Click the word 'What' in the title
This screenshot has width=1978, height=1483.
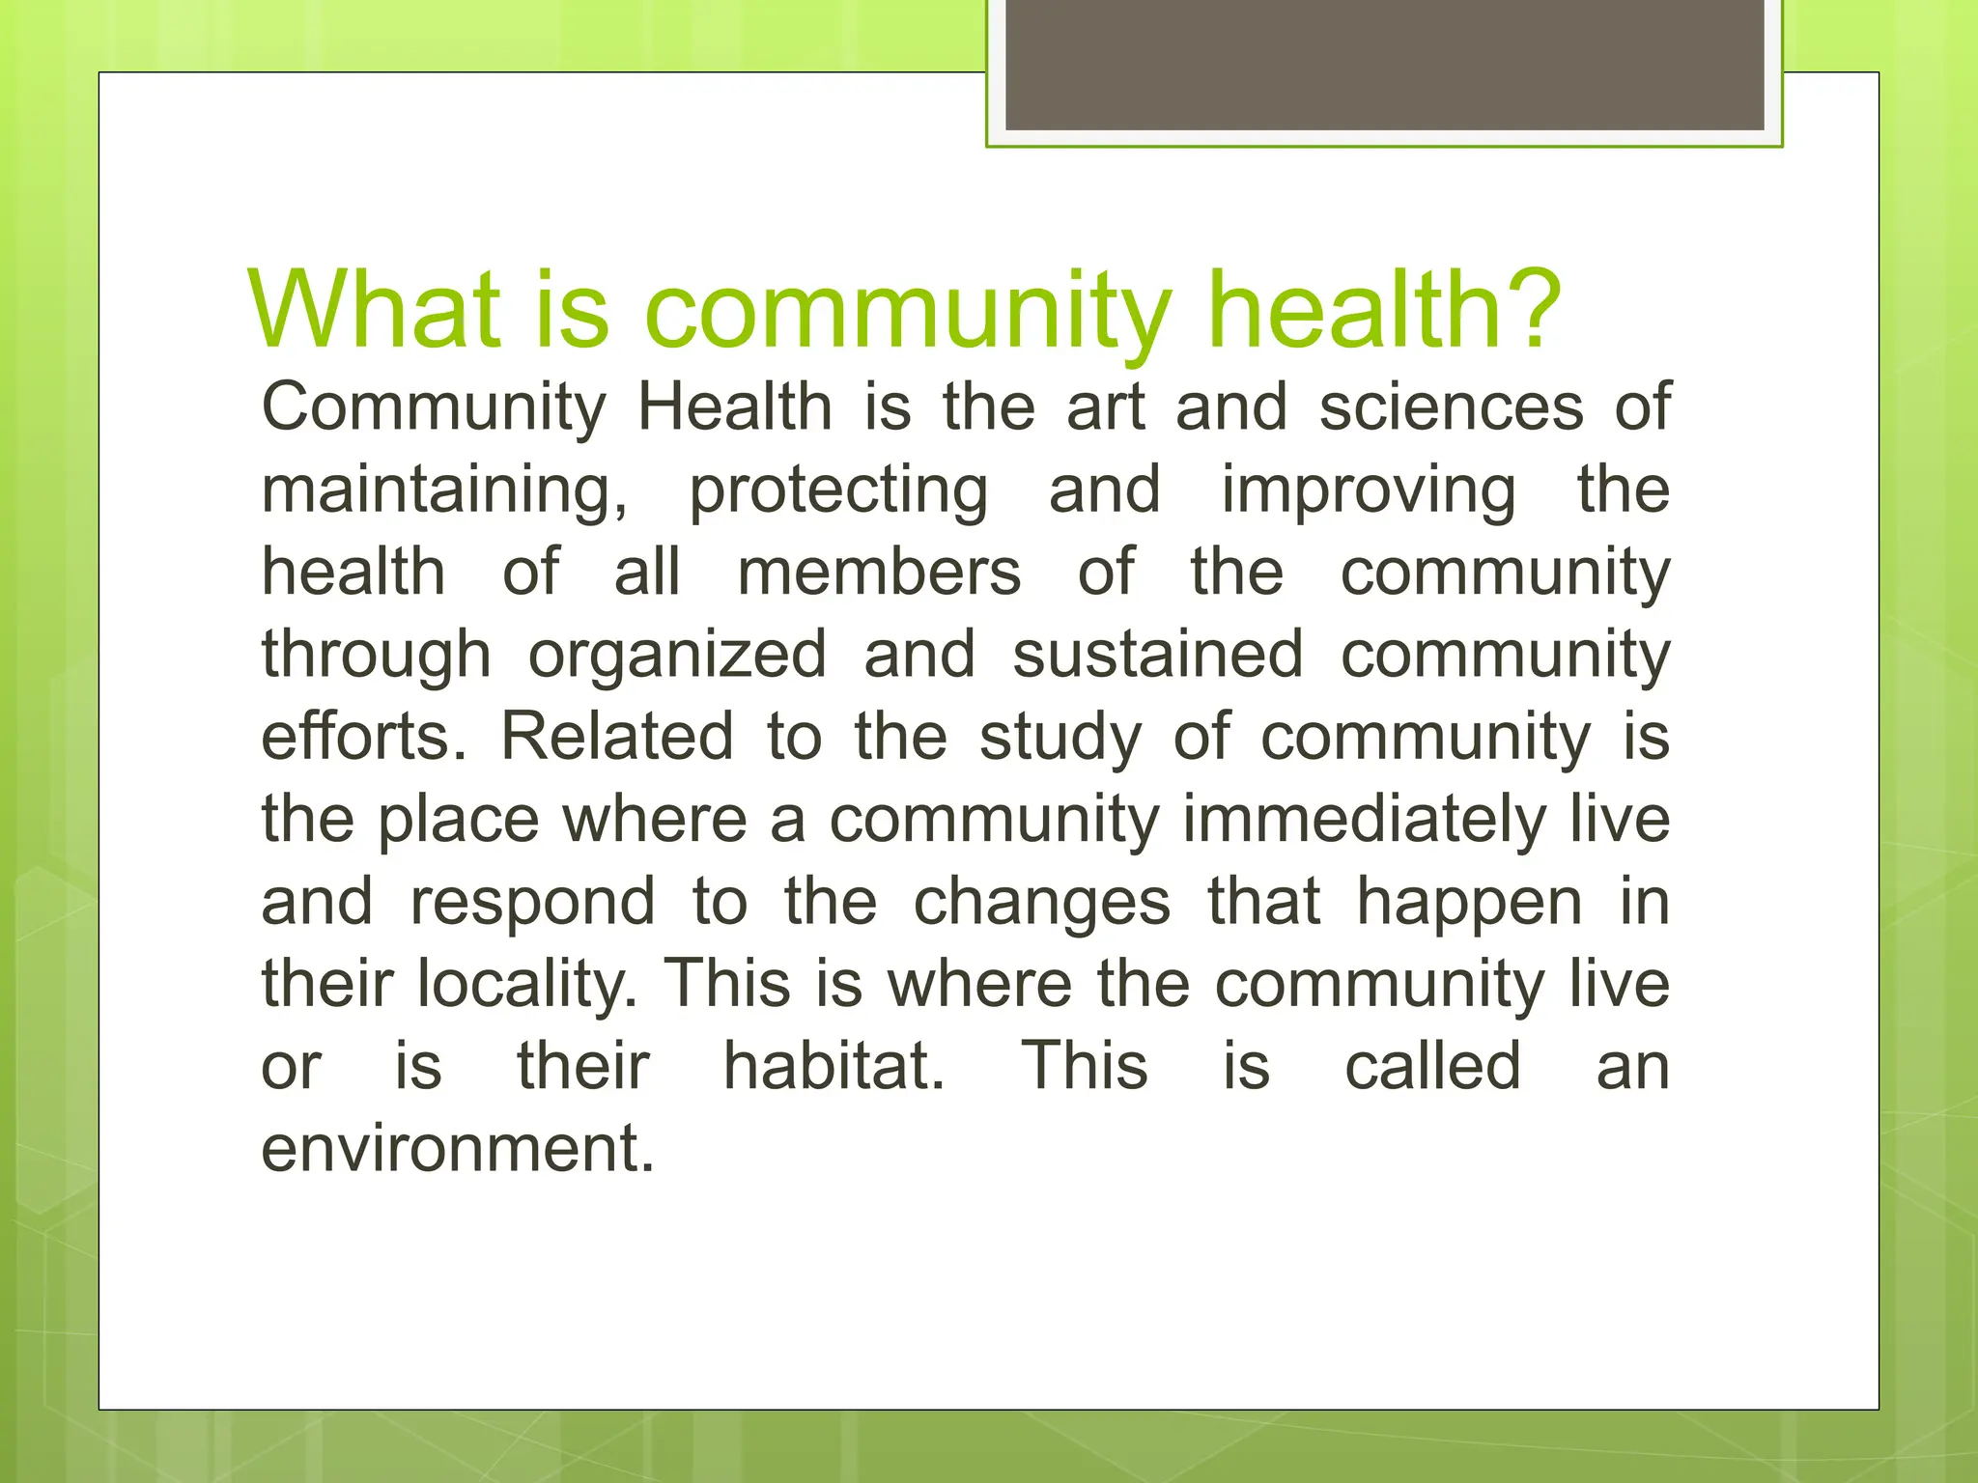[375, 310]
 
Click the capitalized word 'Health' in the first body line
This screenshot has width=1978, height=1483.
[734, 406]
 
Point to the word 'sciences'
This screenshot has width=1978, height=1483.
[1452, 406]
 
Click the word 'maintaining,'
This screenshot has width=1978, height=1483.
[444, 490]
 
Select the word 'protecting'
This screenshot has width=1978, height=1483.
[837, 490]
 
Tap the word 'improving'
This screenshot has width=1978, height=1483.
[1369, 490]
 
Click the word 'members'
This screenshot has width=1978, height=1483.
[879, 572]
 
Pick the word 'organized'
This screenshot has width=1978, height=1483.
[677, 655]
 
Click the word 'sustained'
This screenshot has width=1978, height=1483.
[1158, 655]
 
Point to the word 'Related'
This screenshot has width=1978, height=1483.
[617, 737]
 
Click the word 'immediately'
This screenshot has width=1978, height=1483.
[1364, 820]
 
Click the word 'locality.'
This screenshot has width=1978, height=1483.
[527, 985]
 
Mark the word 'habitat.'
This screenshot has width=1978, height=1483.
[834, 1066]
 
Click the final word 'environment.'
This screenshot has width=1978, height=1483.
[458, 1149]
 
